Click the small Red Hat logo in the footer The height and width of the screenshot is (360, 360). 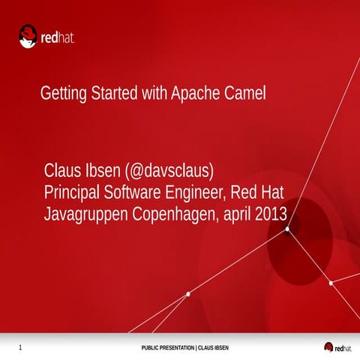click(338, 346)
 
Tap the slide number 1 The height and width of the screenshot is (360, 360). click(19, 347)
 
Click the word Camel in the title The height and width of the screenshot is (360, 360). click(247, 94)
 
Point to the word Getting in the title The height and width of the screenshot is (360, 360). click(63, 95)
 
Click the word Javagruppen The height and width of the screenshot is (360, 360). click(86, 214)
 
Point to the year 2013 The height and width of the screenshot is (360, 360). click(271, 214)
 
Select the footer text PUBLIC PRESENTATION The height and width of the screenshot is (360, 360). click(167, 348)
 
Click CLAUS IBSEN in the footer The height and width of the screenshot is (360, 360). click(213, 348)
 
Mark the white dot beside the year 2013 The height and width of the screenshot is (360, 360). click(287, 230)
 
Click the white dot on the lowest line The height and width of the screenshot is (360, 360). click(187, 294)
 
